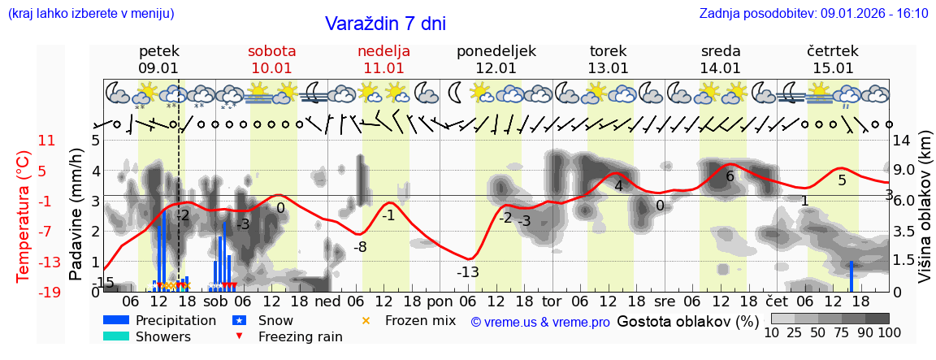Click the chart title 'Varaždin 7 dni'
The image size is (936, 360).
click(385, 24)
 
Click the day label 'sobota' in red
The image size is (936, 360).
click(271, 51)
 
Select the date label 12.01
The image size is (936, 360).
click(496, 68)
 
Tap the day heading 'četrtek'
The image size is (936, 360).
click(833, 51)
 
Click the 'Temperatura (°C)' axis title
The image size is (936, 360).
click(24, 216)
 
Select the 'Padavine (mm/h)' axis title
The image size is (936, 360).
click(76, 215)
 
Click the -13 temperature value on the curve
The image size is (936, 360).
click(467, 272)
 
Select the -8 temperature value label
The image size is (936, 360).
click(359, 247)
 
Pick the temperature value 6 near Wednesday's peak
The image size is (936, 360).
click(730, 176)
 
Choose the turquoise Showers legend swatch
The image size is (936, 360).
click(116, 336)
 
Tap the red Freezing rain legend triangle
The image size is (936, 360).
click(238, 336)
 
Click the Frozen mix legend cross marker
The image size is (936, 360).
click(366, 321)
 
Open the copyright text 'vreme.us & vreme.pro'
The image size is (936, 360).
click(540, 322)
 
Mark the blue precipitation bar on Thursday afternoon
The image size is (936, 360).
click(851, 276)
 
